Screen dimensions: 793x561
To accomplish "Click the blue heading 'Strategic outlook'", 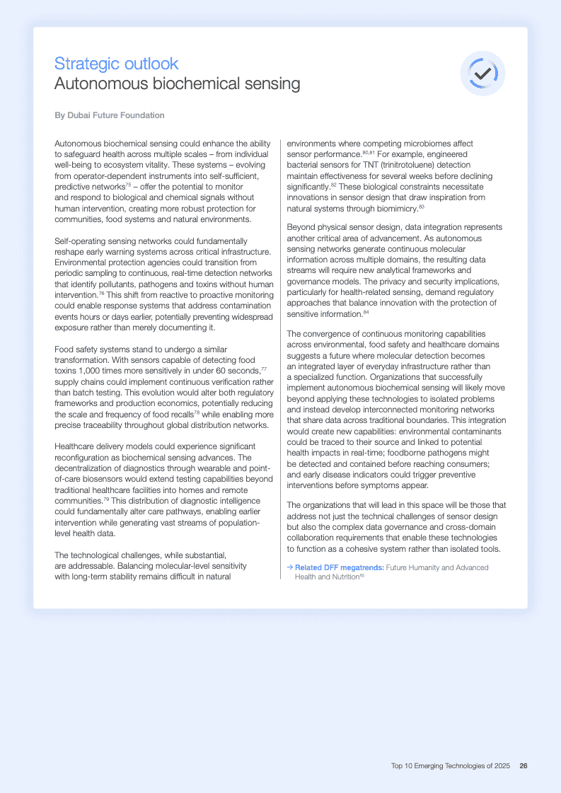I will (116, 64).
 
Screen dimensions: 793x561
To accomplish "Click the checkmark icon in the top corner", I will (482, 73).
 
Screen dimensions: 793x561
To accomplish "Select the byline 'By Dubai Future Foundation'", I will (110, 115).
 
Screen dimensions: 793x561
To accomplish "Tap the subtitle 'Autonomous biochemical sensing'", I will (177, 84).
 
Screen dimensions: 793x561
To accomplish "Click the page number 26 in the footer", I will (524, 765).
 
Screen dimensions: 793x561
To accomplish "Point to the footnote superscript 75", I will (128, 184).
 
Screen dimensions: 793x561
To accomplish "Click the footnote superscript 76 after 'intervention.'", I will (101, 292).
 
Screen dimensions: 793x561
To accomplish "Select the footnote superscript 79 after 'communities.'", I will (108, 499).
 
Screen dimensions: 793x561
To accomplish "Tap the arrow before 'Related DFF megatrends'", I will (290, 567).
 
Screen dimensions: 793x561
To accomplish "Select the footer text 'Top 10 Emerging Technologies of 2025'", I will (451, 765).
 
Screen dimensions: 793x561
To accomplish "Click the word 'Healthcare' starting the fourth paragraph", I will (77, 447).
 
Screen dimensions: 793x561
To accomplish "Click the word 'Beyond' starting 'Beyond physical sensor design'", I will (302, 227).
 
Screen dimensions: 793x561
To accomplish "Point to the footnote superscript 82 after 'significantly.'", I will (333, 185).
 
